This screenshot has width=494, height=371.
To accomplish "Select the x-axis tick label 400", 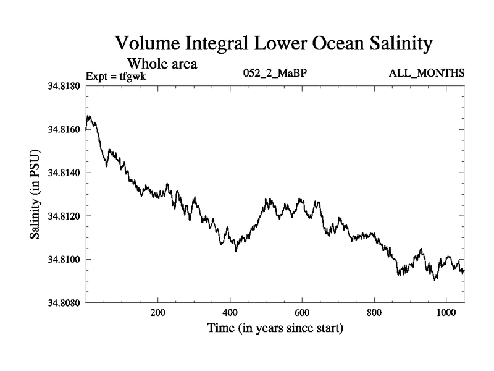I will (230, 312).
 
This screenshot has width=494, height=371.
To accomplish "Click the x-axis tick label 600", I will (302, 312).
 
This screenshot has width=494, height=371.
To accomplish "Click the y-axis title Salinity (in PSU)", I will (35, 194).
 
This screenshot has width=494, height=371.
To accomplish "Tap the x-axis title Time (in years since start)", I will (275, 328).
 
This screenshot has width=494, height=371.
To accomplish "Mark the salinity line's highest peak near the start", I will (90, 116).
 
